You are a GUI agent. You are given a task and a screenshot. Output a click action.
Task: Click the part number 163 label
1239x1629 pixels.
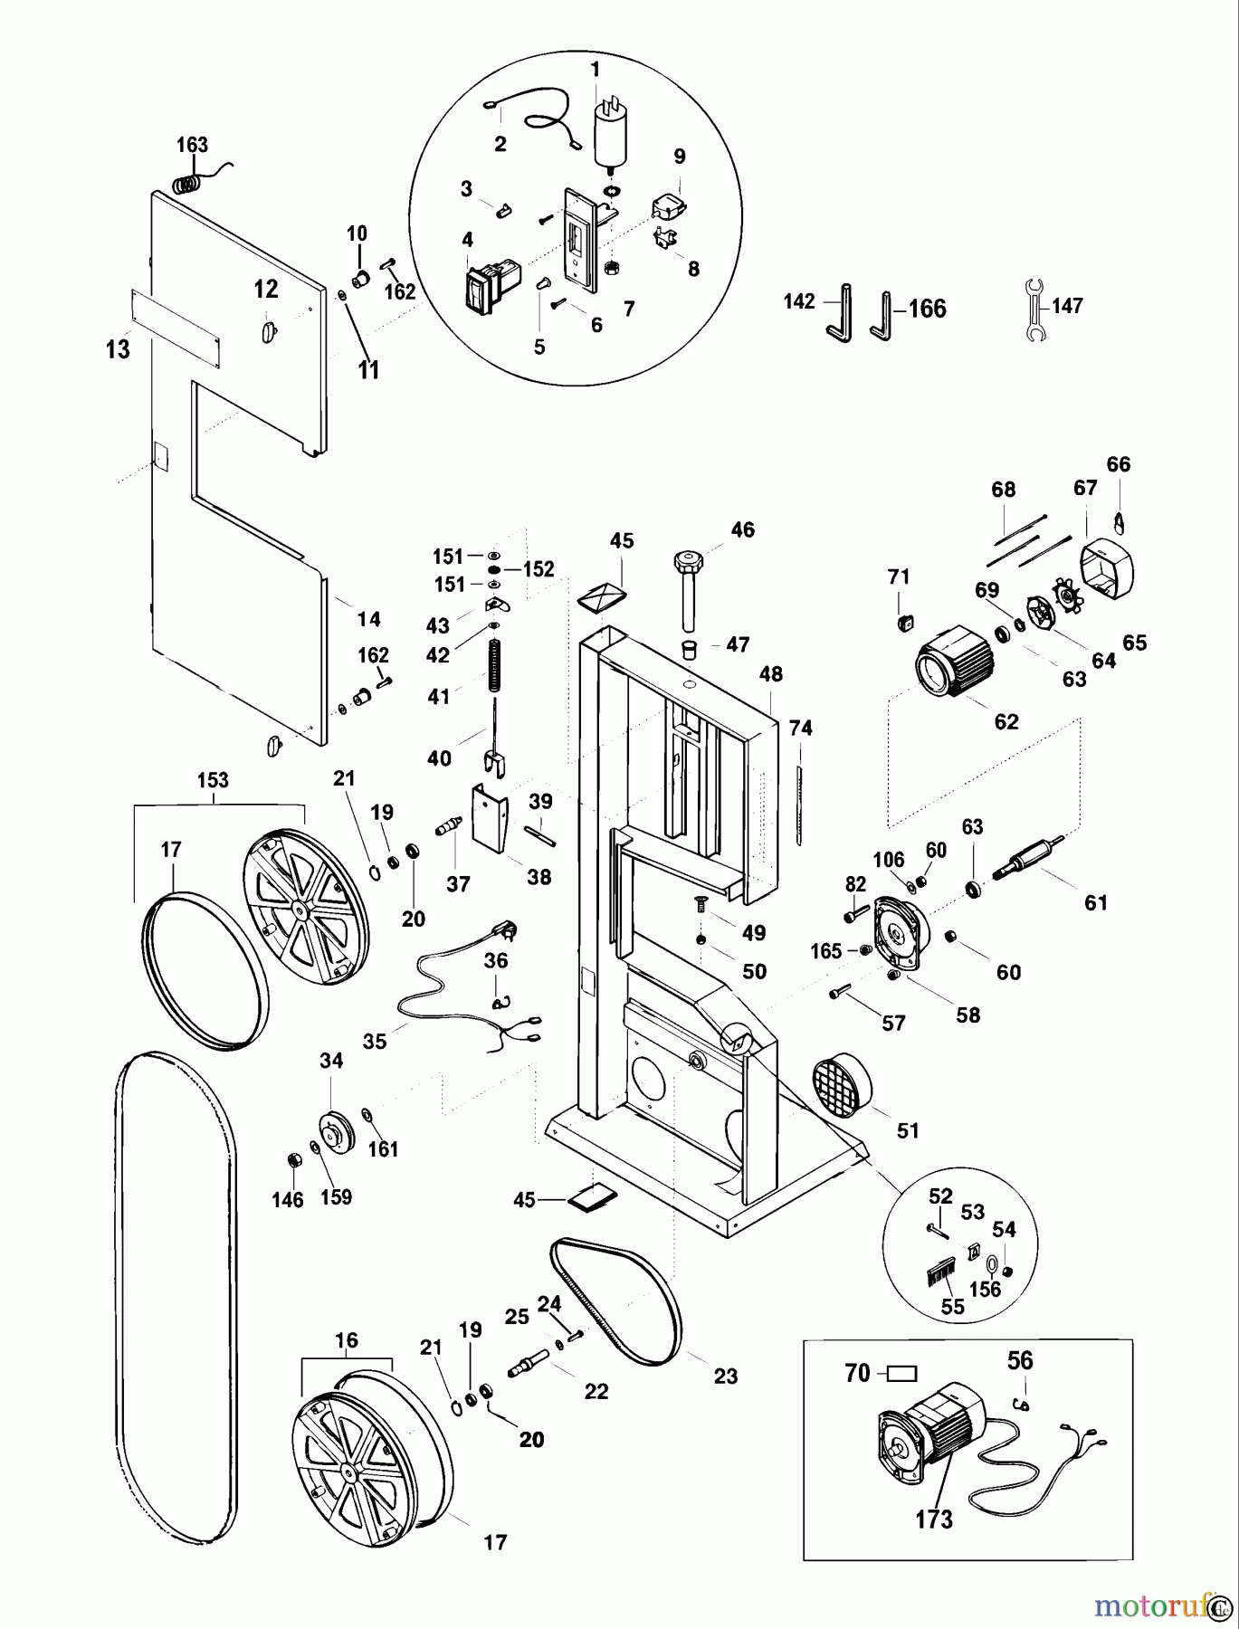192,145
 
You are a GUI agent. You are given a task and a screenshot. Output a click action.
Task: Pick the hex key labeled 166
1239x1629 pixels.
882,316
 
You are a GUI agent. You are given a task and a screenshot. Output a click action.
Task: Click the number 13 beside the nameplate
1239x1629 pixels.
118,348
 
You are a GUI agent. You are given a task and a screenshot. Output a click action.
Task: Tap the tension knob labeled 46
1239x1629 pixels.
689,587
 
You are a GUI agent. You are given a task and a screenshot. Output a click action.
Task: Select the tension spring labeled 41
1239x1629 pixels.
495,665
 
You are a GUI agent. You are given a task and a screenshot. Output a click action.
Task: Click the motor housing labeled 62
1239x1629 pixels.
956,670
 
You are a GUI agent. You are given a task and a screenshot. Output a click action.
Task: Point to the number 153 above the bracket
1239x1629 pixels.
213,780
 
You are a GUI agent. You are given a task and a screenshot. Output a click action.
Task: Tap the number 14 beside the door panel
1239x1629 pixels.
368,619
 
